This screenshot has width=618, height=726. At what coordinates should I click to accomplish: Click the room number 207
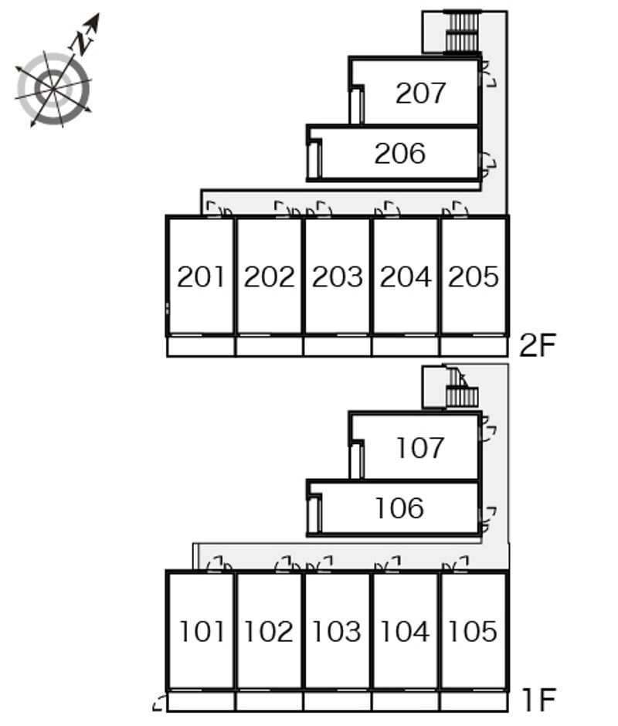[420, 93]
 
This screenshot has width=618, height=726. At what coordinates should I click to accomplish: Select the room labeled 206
[399, 154]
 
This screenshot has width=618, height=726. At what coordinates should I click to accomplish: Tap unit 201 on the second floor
[201, 276]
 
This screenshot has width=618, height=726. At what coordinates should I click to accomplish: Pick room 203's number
[337, 276]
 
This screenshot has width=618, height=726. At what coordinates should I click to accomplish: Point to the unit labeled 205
[473, 276]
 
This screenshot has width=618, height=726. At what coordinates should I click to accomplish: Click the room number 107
[420, 447]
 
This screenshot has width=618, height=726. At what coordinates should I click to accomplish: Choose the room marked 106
[399, 508]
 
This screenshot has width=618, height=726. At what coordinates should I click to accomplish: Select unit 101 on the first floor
[201, 631]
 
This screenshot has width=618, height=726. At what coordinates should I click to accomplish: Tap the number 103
[337, 631]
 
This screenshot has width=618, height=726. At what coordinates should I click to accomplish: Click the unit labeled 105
[473, 631]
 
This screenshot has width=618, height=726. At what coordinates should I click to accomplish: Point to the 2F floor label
[537, 345]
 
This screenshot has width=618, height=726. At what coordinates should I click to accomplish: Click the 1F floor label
[537, 701]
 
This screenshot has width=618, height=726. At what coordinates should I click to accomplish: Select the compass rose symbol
[53, 87]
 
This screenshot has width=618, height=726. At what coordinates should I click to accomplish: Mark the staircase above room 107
[461, 395]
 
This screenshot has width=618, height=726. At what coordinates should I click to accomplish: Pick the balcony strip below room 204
[405, 347]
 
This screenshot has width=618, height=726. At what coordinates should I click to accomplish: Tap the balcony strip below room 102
[269, 701]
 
